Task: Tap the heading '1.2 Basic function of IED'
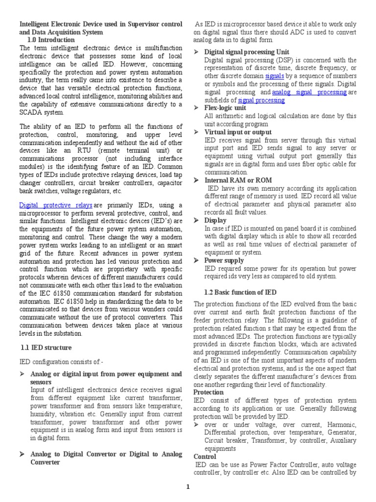235,293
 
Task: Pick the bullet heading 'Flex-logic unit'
225,108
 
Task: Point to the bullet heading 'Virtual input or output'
238,132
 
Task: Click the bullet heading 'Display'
215,221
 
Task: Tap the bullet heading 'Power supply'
225,260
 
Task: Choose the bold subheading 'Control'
205,456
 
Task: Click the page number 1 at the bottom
188,486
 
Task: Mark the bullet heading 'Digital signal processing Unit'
247,52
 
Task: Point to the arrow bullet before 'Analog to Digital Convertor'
22,454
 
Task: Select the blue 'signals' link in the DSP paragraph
274,76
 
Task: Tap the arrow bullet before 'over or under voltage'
196,424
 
